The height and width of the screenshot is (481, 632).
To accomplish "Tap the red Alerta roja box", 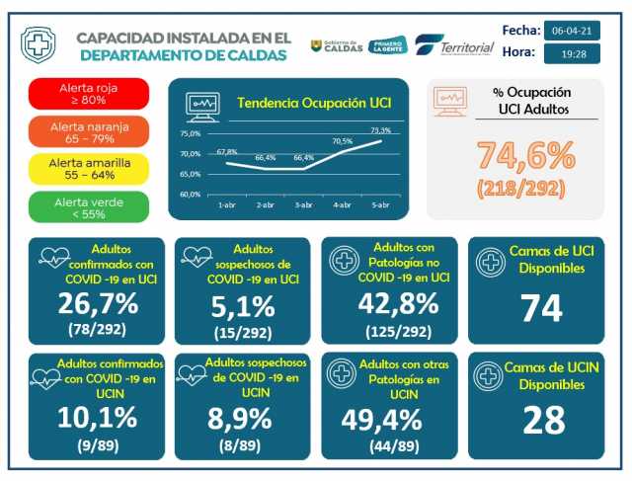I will click(x=89, y=94).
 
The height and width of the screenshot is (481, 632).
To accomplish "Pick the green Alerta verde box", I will click(x=89, y=206).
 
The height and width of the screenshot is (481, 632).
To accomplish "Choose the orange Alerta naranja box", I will click(x=89, y=131).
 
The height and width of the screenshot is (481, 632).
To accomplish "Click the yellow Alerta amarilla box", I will click(x=89, y=169).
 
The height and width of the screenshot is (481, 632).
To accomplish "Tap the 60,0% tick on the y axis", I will click(x=191, y=194).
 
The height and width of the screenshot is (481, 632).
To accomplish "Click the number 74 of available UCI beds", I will click(x=541, y=308).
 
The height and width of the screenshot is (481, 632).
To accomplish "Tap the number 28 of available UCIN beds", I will click(x=541, y=420).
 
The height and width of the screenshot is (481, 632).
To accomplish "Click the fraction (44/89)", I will click(x=388, y=446).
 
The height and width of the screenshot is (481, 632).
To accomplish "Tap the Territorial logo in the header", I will click(x=455, y=46).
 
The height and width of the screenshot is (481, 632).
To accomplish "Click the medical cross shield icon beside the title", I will click(x=39, y=45).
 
